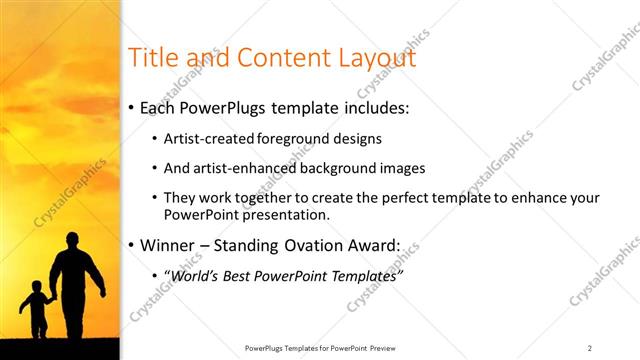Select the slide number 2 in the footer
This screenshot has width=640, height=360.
[x=590, y=348]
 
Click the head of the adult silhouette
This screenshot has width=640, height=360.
[x=73, y=241]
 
